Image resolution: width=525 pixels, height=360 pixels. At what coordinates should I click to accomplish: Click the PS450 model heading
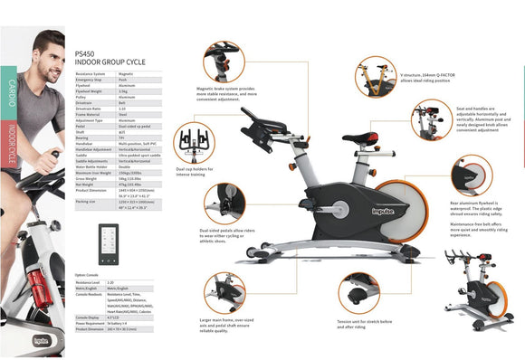pyautogui.click(x=83, y=53)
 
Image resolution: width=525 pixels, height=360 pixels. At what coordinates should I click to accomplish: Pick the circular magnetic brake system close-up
pyautogui.click(x=222, y=61)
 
